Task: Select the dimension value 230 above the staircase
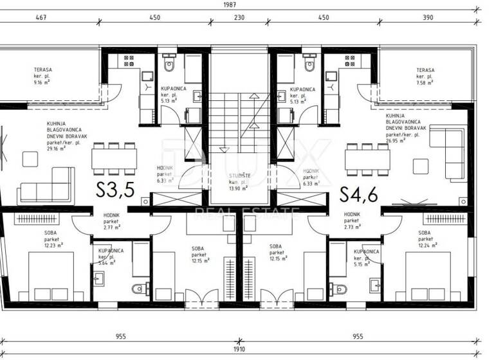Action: pyautogui.click(x=239, y=18)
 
